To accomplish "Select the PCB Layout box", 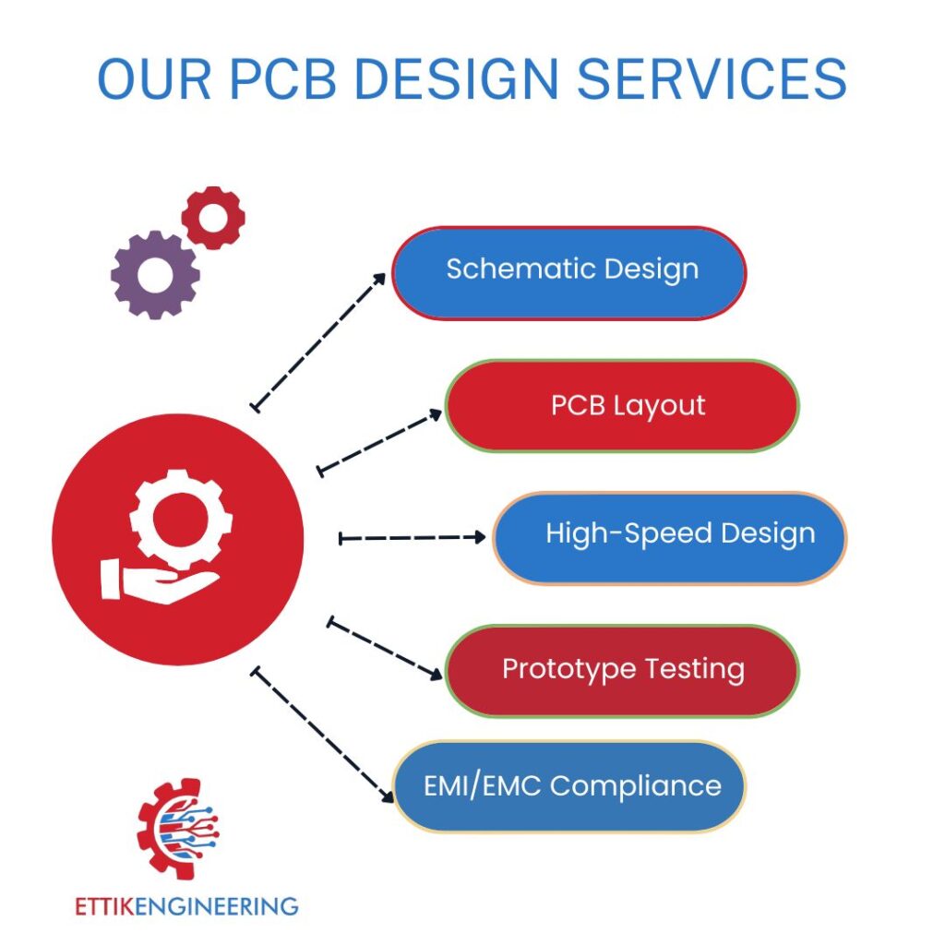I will click(622, 406).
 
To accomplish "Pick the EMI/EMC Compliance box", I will click(569, 787).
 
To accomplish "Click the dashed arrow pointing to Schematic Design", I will click(319, 341).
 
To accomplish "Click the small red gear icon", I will click(213, 218).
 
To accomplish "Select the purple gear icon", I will click(155, 274).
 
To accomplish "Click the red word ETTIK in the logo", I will click(104, 905).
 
